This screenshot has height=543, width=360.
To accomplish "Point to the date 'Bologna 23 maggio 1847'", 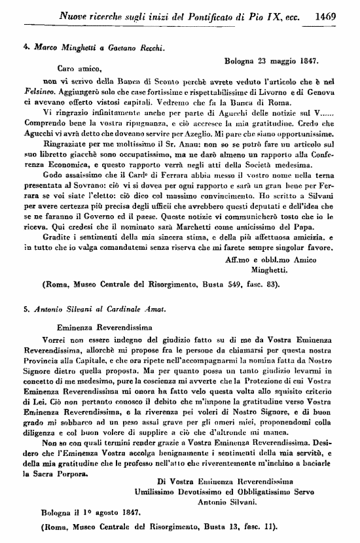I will click(x=271, y=60).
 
